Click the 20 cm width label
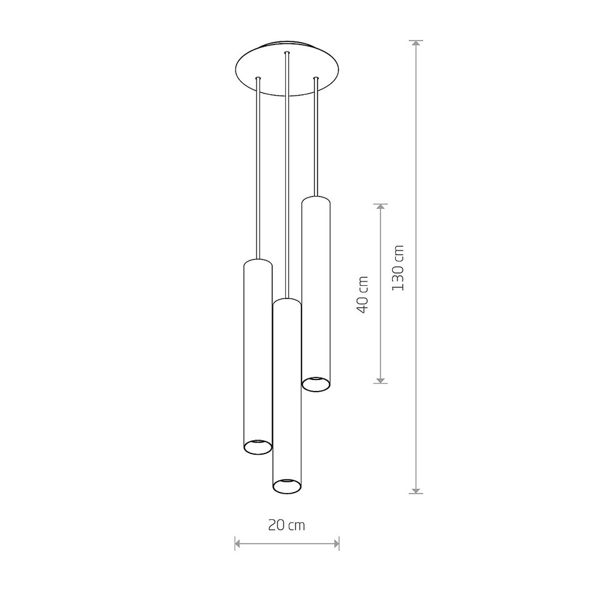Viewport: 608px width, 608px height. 286,525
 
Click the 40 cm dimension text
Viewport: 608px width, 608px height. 363,294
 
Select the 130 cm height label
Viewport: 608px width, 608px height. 398,268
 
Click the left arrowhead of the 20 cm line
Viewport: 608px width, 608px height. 238,544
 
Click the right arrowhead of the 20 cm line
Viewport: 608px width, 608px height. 336,544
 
